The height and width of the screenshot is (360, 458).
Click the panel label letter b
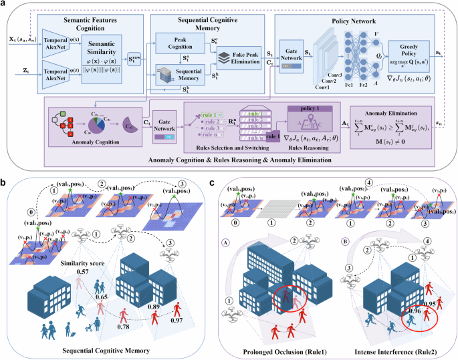(x=6, y=180)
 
